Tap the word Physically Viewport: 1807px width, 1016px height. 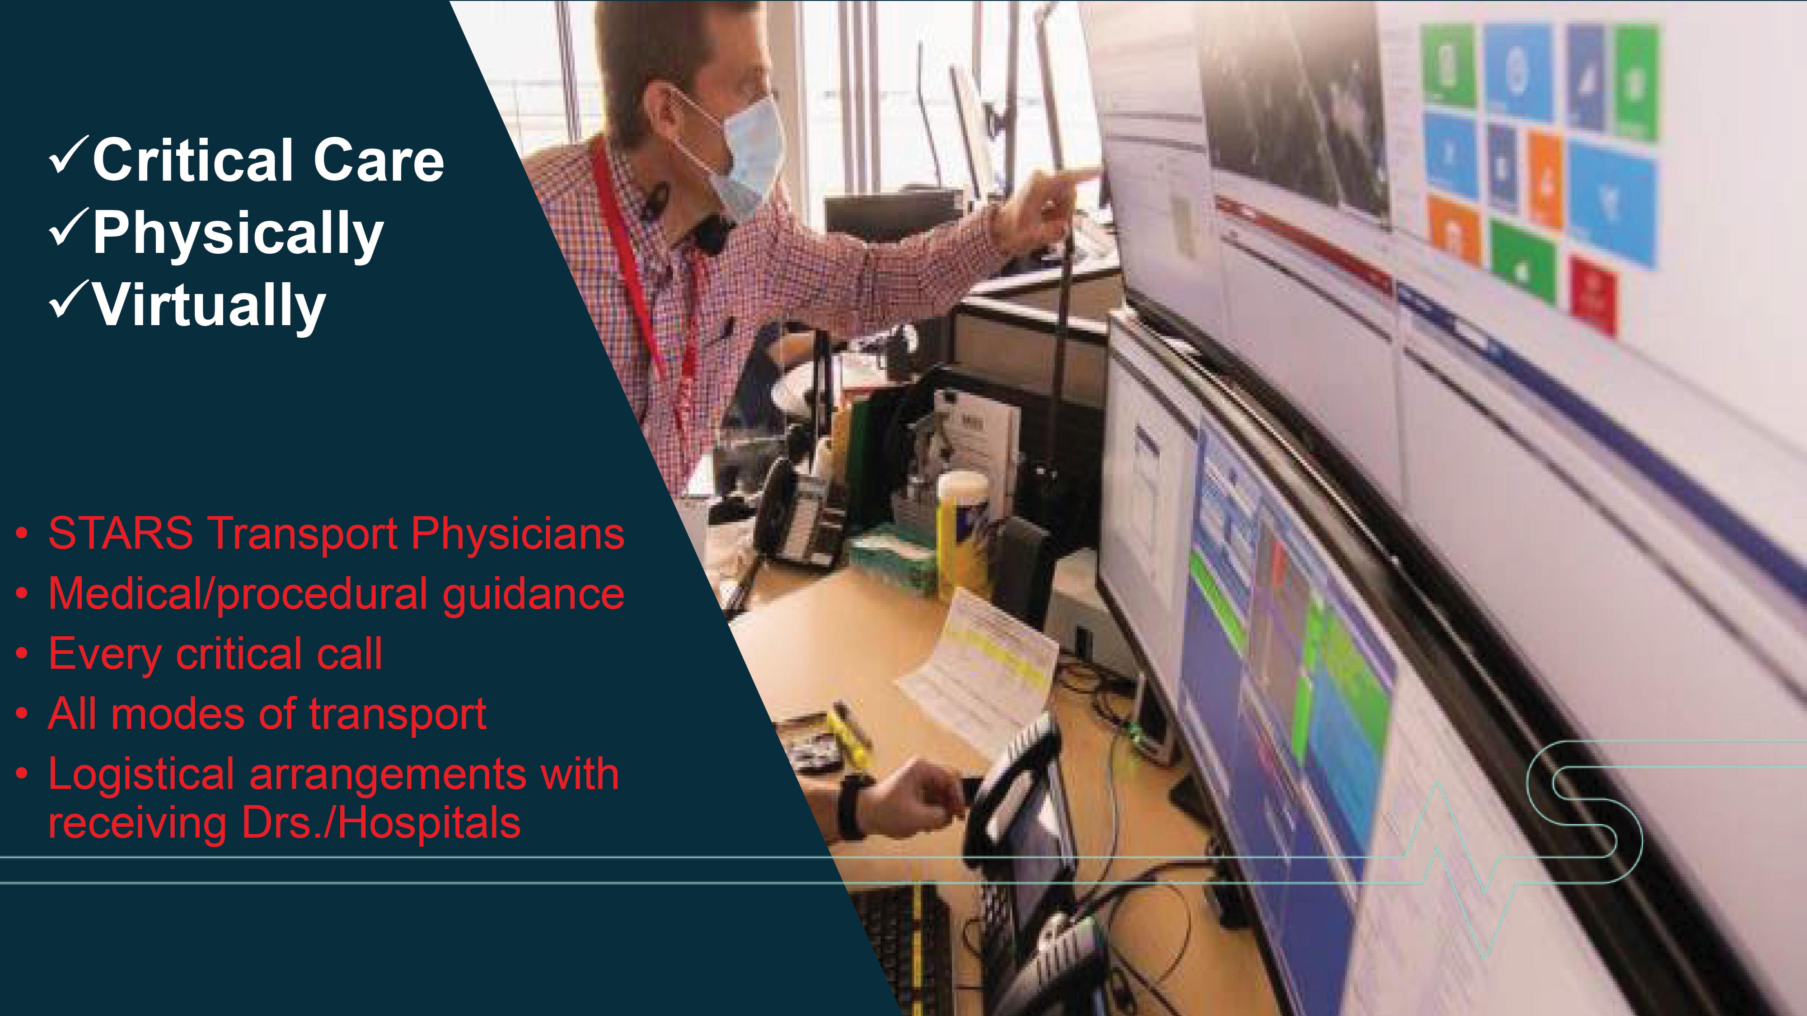coord(239,234)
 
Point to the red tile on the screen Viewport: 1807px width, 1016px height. coord(1594,294)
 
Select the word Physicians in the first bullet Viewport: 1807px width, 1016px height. coord(518,534)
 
